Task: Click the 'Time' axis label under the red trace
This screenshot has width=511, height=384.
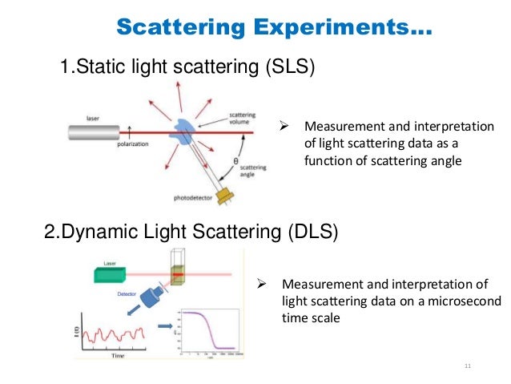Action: pos(119,354)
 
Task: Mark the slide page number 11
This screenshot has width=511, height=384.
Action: pos(469,367)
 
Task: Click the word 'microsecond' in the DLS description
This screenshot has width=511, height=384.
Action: pos(453,301)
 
